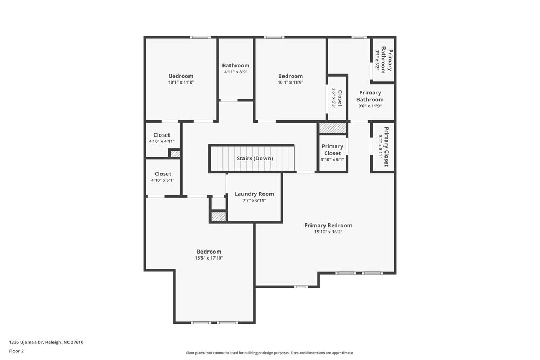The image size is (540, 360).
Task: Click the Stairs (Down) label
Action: point(255,158)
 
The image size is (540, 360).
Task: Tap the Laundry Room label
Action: point(254,194)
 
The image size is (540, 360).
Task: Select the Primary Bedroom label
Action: point(328,225)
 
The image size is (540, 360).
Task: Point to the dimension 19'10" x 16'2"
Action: point(328,232)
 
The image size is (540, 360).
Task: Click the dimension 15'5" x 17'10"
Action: point(209,259)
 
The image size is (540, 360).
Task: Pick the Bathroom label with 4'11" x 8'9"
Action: point(236,66)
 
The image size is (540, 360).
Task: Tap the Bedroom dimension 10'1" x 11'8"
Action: point(181,83)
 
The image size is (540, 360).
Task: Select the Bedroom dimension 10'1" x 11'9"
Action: point(291,83)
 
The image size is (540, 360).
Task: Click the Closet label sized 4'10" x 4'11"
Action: point(162,135)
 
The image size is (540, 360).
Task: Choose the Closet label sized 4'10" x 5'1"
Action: point(163,174)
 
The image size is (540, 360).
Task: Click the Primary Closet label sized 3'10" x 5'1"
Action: point(333,150)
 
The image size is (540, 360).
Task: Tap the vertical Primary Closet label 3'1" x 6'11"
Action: point(386,146)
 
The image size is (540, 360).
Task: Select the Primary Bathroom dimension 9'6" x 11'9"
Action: point(370,106)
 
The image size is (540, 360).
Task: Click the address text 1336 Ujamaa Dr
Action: point(46,342)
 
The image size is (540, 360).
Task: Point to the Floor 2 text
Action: point(16,351)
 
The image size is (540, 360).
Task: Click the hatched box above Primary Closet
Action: point(332,128)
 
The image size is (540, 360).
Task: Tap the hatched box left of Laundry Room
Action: point(218,216)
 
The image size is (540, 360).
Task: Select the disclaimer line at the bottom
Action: point(270,353)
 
